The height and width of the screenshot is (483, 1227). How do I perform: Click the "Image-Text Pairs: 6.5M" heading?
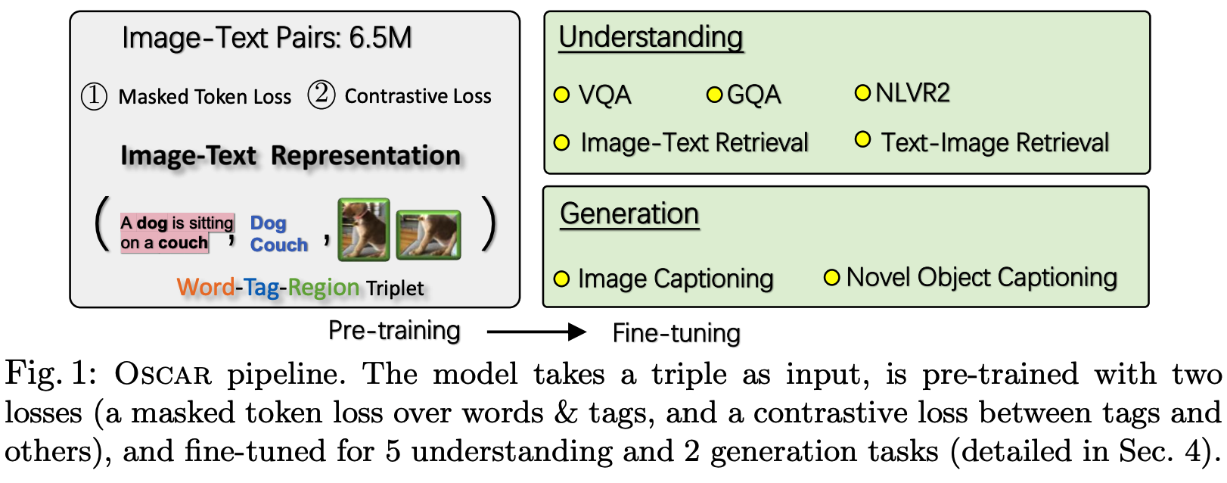266,38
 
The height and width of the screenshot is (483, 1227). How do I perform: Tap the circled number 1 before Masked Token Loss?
95,97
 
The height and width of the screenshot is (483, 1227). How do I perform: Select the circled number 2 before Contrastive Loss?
322,95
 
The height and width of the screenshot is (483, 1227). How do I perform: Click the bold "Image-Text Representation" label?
290,155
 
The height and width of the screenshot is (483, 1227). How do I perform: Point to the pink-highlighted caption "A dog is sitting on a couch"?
176,232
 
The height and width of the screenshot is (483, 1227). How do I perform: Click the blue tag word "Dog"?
269,223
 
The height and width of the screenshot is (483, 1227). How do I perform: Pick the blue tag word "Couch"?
279,245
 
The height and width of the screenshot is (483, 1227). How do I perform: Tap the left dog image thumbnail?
364,229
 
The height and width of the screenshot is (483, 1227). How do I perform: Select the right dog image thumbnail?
428,235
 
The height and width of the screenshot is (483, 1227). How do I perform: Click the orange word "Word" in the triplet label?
205,288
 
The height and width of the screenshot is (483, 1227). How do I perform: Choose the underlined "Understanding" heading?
651,37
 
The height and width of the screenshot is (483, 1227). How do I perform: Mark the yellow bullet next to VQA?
561,95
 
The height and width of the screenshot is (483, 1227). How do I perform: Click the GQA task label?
753,95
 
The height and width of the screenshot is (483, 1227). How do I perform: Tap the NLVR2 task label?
912,93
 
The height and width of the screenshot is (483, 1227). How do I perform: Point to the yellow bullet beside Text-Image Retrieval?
862,140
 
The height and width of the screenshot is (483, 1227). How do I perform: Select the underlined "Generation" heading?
629,213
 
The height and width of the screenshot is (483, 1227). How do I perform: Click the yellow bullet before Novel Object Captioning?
832,278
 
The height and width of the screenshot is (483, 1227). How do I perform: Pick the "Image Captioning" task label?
676,279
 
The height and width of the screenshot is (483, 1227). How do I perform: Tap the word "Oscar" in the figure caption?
163,375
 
